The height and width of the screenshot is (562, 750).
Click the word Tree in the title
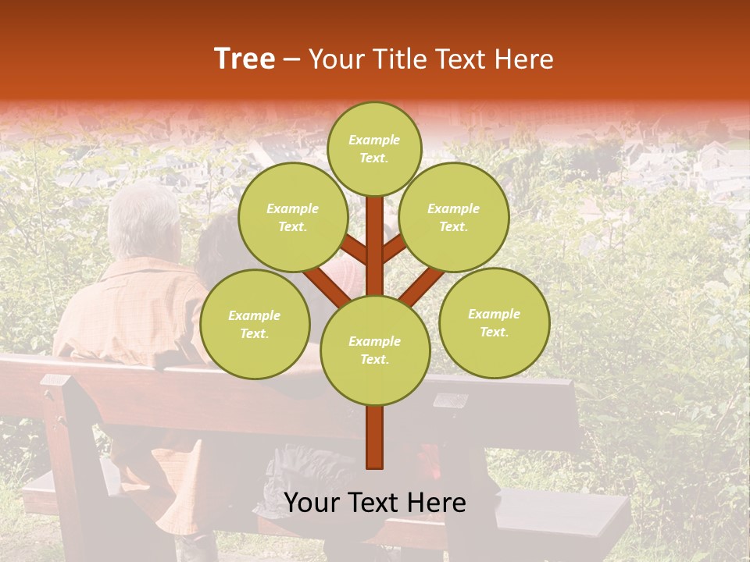[x=245, y=59]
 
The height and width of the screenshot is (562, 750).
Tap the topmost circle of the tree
[x=375, y=148]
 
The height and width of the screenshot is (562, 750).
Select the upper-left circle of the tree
[x=292, y=217]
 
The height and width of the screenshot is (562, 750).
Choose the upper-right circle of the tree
[x=453, y=217]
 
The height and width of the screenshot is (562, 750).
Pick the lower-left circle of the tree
[x=255, y=324]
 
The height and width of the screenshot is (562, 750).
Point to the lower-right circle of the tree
[x=494, y=322]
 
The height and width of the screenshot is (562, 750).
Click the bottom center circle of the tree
[x=375, y=350]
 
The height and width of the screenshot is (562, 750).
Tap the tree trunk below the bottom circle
[x=375, y=437]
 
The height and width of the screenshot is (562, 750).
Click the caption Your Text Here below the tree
[x=375, y=503]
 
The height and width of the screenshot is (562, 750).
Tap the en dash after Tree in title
[x=291, y=59]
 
